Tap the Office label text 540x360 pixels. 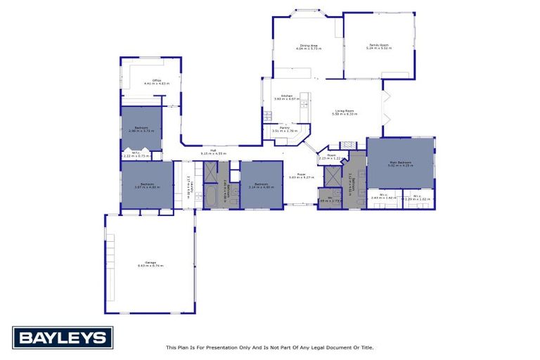[157, 80]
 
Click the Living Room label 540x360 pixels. [345, 110]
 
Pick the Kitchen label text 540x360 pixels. [287, 96]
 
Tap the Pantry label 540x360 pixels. [285, 128]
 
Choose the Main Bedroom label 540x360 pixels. [401, 162]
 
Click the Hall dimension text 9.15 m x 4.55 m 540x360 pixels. [212, 153]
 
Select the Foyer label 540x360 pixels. [301, 174]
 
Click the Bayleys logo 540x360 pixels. [63, 337]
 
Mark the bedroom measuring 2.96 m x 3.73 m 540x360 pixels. [141, 129]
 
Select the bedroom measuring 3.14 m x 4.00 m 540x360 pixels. [261, 185]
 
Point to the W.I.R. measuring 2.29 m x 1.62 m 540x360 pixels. [417, 198]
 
